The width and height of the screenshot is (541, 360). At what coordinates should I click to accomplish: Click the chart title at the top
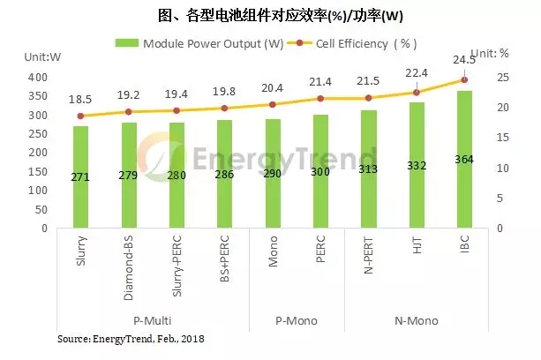point(269,15)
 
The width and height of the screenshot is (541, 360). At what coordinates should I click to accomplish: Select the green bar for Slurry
point(80,176)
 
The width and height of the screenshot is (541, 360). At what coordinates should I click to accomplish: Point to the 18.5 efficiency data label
point(80,102)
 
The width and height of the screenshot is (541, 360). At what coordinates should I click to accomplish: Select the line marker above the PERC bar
point(319,99)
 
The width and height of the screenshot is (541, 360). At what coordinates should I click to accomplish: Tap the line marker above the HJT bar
point(416,93)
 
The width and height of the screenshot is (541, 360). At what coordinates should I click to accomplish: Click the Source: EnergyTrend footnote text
point(130,339)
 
